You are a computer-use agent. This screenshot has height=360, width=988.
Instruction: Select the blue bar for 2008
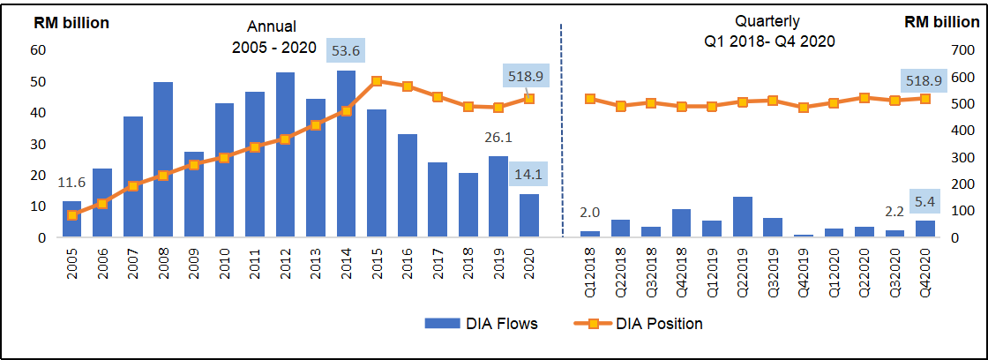(163, 159)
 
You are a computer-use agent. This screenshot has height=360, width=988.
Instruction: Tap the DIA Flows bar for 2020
(529, 215)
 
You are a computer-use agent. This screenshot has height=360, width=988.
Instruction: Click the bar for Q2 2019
(743, 217)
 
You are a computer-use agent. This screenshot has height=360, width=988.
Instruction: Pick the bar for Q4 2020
(926, 229)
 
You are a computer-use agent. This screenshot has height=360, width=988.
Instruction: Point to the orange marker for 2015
(377, 81)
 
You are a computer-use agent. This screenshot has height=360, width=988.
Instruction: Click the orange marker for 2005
(71, 215)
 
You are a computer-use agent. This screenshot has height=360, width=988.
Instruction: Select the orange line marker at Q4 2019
(804, 108)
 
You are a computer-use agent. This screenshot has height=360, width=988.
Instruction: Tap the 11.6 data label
(71, 183)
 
